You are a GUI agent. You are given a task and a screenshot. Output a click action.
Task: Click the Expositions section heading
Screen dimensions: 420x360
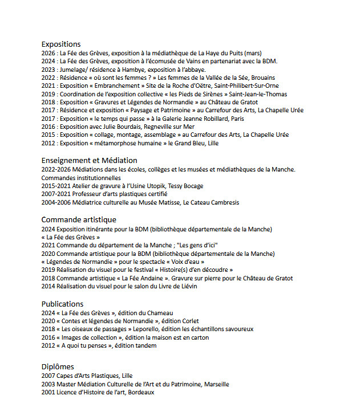coord(61,44)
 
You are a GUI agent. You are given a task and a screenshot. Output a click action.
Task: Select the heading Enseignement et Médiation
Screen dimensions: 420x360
coord(89,160)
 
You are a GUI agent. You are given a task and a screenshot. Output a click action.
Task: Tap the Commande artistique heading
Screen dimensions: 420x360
coord(79,219)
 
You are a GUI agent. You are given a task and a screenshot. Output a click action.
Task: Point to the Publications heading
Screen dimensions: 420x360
coord(62,304)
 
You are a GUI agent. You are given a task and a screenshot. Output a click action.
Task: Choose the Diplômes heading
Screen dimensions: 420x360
coord(58,366)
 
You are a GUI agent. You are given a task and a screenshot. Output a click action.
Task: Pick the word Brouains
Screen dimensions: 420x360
coord(262,78)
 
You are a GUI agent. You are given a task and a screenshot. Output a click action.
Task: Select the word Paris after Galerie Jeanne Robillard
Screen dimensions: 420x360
coord(236,119)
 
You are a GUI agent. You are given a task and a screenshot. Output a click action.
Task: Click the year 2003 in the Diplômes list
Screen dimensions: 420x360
coord(48,384)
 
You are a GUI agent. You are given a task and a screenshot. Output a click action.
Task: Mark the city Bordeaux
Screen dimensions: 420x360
coord(141,392)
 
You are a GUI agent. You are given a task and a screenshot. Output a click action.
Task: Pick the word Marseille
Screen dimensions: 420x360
coord(216,384)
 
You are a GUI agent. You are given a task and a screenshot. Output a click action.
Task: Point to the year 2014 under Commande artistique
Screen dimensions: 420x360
coord(48,286)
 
